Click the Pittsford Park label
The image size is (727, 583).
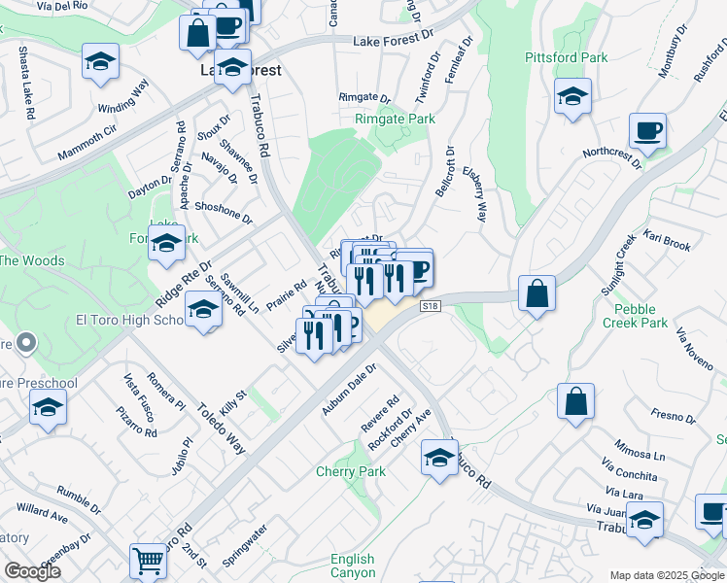coord(566,57)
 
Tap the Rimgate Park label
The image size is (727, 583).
coord(394,119)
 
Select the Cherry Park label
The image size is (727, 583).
coord(351,472)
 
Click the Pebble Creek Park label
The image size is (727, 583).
coord(635,315)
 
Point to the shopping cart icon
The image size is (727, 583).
coord(147,560)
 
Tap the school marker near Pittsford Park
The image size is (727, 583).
coord(572,97)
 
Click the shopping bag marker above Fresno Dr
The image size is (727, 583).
coord(575,399)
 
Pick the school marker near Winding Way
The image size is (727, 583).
coord(100,62)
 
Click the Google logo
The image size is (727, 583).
coord(32,571)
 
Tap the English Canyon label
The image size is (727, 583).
coord(352,566)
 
